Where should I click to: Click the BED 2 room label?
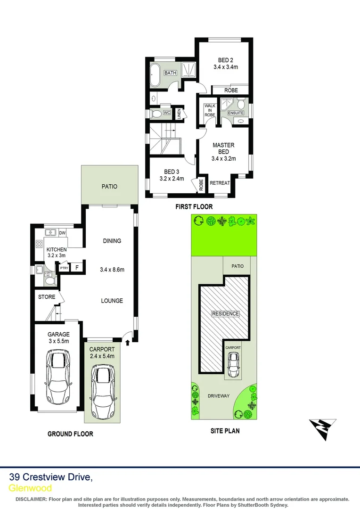pos(225,60)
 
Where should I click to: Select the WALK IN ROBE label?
pos(210,110)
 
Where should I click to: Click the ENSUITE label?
pos(236,113)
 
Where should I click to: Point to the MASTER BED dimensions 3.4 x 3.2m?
pos(223,159)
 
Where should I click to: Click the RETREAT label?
pos(220,183)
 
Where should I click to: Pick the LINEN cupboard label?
pos(179,114)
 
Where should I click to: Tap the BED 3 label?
pos(171,172)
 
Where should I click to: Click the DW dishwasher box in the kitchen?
pos(62,233)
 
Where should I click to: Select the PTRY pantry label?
pos(64,268)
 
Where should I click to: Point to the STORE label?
pos(47,297)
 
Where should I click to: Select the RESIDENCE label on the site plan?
pos(225,314)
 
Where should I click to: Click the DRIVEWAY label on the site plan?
pos(219,396)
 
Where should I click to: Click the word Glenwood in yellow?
pos(31,488)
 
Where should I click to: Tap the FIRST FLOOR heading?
pos(194,206)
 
